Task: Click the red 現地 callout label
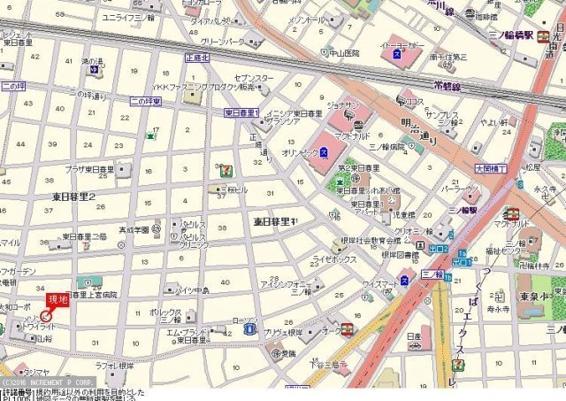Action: [x=57, y=299]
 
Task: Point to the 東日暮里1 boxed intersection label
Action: [x=241, y=113]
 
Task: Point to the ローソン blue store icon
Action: [x=249, y=329]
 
